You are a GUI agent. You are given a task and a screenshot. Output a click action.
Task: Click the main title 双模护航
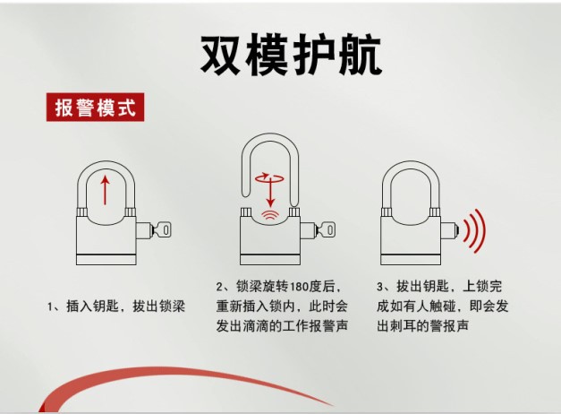[291, 55]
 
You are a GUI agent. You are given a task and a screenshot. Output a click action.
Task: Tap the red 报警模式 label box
[95, 108]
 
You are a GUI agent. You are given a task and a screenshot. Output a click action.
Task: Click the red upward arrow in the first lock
[105, 190]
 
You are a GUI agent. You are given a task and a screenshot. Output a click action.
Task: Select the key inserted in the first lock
[162, 229]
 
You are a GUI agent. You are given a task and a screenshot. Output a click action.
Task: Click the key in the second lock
[326, 229]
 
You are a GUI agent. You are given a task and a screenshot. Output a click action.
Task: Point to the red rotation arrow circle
[270, 177]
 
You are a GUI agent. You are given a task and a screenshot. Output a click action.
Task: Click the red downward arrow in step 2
[270, 192]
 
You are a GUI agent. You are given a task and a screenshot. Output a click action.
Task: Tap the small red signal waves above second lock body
[270, 215]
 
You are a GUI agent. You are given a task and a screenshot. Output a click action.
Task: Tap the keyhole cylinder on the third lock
[449, 231]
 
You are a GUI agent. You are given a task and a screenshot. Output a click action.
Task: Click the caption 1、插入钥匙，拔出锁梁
[116, 306]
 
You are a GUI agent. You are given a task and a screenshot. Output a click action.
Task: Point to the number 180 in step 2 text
[301, 287]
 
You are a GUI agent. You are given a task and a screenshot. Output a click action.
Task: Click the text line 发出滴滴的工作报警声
[282, 326]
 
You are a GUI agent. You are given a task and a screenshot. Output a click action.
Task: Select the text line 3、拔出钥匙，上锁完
[439, 287]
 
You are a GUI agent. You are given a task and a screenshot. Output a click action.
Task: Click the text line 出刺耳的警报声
[423, 326]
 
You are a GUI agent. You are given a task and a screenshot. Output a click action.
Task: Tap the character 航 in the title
[361, 55]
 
